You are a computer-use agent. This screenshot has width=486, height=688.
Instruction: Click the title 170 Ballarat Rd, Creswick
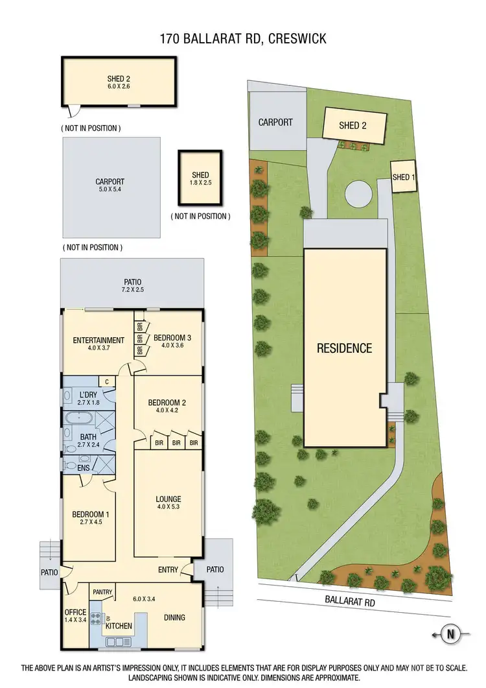243,39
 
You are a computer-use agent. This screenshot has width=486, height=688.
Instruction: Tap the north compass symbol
448,634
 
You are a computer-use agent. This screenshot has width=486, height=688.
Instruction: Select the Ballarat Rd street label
350,602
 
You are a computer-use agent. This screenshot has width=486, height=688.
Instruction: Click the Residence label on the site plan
344,348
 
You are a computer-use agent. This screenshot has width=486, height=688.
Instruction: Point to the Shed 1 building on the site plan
402,177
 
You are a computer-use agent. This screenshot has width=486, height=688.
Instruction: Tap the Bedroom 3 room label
172,338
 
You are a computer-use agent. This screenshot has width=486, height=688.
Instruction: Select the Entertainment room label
98,340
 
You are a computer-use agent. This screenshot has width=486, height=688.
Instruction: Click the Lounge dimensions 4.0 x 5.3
168,508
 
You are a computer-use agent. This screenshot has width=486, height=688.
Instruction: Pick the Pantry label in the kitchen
102,592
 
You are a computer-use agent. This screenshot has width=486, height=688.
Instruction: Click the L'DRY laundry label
88,395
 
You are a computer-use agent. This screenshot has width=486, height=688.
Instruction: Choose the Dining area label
174,618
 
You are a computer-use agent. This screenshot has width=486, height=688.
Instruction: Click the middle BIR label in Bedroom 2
175,444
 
